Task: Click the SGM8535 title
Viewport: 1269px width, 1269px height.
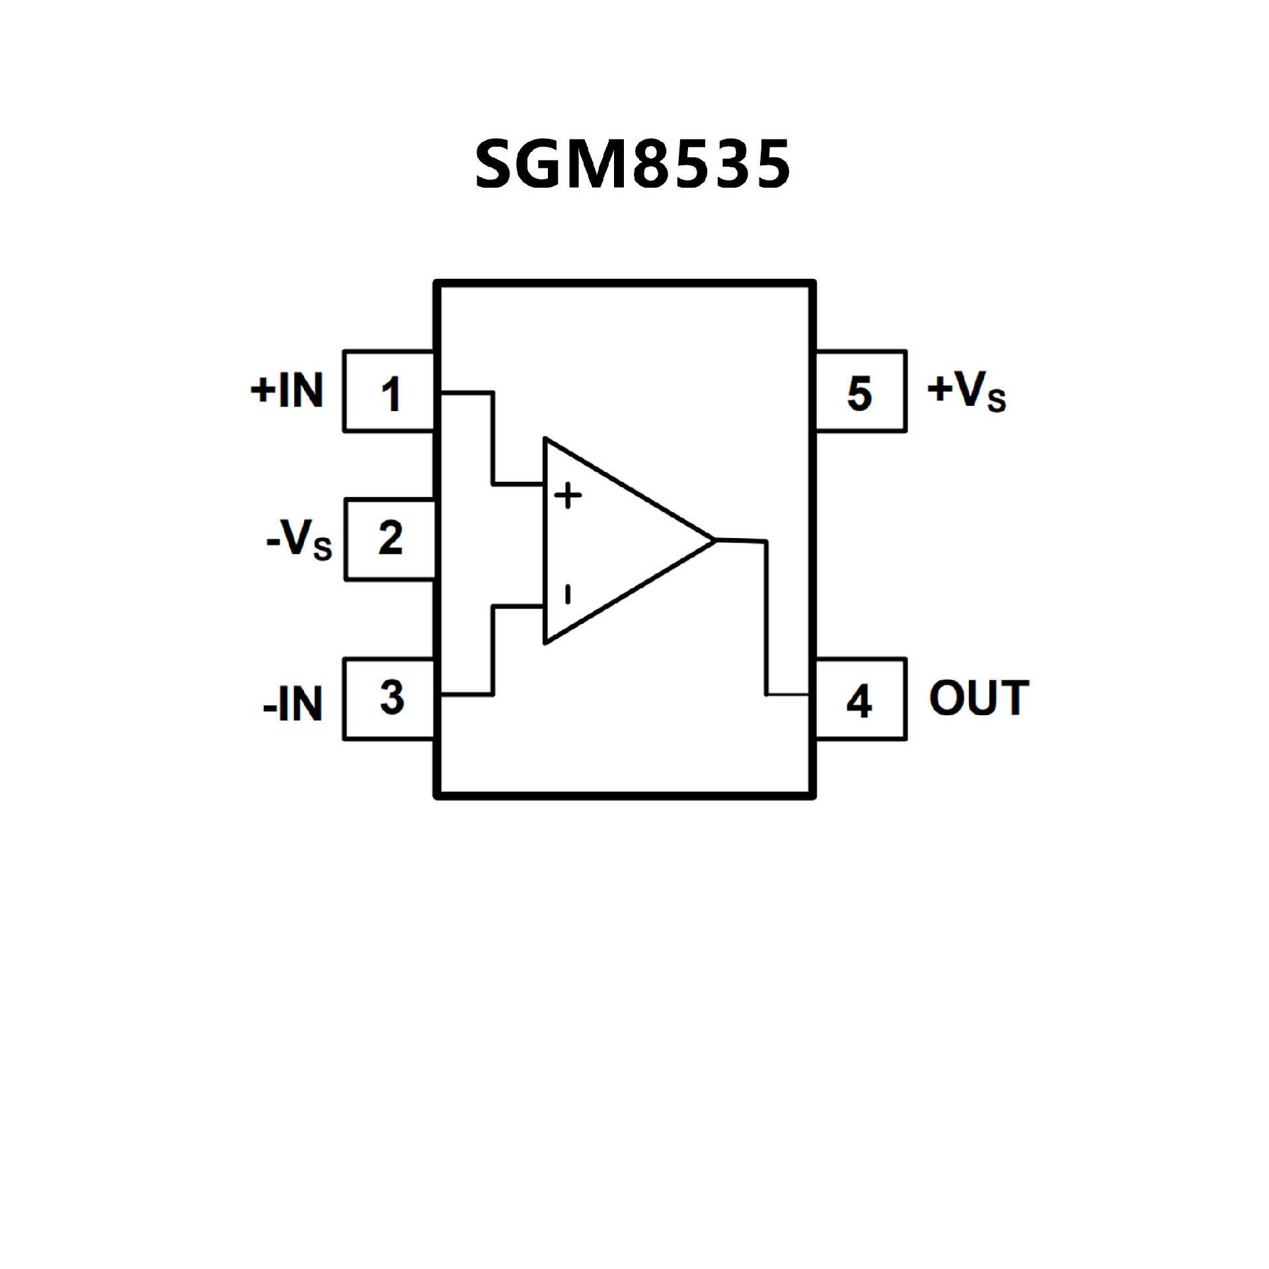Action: tap(633, 165)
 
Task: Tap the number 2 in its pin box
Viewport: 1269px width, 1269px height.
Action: tap(391, 539)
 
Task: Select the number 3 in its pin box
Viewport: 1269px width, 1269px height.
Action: tap(392, 698)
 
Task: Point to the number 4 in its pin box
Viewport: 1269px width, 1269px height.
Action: tap(859, 701)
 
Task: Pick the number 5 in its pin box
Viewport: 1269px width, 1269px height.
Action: tap(859, 394)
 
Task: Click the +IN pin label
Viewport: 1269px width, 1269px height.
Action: tap(288, 390)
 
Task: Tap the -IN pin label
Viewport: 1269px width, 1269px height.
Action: tap(293, 703)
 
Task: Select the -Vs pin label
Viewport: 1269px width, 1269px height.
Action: tap(299, 540)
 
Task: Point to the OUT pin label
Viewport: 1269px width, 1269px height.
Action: tap(979, 698)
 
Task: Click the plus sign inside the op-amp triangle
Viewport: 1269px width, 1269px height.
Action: tap(568, 495)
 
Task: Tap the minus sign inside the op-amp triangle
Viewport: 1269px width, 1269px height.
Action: tap(567, 594)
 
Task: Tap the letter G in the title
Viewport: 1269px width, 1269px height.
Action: tap(541, 165)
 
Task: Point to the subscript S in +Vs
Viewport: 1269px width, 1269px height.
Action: tap(997, 401)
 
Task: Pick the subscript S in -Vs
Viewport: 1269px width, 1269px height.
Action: tap(323, 550)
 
